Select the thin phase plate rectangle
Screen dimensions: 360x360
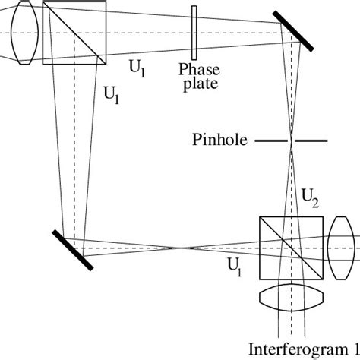point(195,33)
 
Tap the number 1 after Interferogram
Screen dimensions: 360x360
point(355,349)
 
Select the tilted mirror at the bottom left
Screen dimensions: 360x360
point(73,249)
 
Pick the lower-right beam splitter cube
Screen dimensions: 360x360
point(292,248)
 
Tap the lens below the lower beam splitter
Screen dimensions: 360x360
point(292,295)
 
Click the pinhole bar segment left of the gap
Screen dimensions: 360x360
point(271,141)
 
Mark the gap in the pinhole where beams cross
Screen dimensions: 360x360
point(291,141)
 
